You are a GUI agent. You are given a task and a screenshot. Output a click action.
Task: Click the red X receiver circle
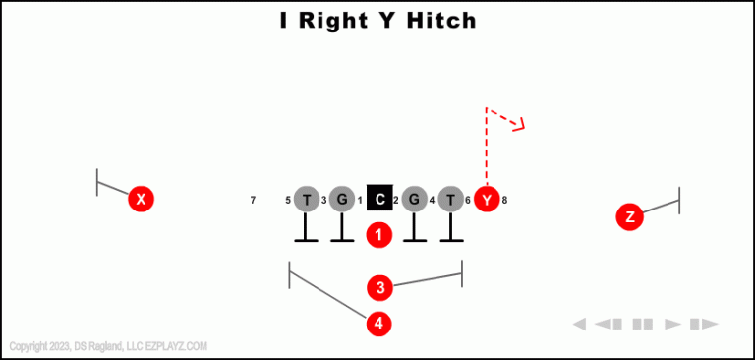click(x=142, y=199)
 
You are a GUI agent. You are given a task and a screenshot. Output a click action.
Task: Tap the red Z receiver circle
click(x=630, y=216)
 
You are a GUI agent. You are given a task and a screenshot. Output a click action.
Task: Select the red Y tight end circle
click(x=487, y=199)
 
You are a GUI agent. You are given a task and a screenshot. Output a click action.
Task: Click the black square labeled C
click(x=379, y=199)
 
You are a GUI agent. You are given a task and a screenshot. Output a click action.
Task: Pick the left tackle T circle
click(x=307, y=200)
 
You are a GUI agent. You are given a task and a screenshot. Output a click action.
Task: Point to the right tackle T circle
click(x=450, y=200)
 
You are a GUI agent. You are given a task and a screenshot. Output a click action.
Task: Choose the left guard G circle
click(x=341, y=200)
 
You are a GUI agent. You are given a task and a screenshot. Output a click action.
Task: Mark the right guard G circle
click(x=414, y=200)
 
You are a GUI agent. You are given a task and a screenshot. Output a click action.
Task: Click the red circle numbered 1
click(x=379, y=235)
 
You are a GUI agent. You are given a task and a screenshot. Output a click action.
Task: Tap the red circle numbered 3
click(x=379, y=288)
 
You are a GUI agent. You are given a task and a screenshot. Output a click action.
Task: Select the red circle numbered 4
click(x=379, y=323)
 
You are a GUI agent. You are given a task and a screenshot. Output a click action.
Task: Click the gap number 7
click(x=253, y=201)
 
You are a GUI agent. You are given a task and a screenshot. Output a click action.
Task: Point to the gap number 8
click(x=504, y=201)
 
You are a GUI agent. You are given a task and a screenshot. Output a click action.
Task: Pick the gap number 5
click(x=288, y=201)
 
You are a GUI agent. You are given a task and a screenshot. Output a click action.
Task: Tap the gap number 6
click(x=468, y=201)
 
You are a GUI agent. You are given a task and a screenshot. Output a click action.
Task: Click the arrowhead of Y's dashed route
click(x=521, y=124)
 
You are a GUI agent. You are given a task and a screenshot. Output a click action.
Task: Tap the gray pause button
click(x=643, y=324)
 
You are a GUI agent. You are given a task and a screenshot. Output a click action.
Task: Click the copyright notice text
click(x=108, y=346)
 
